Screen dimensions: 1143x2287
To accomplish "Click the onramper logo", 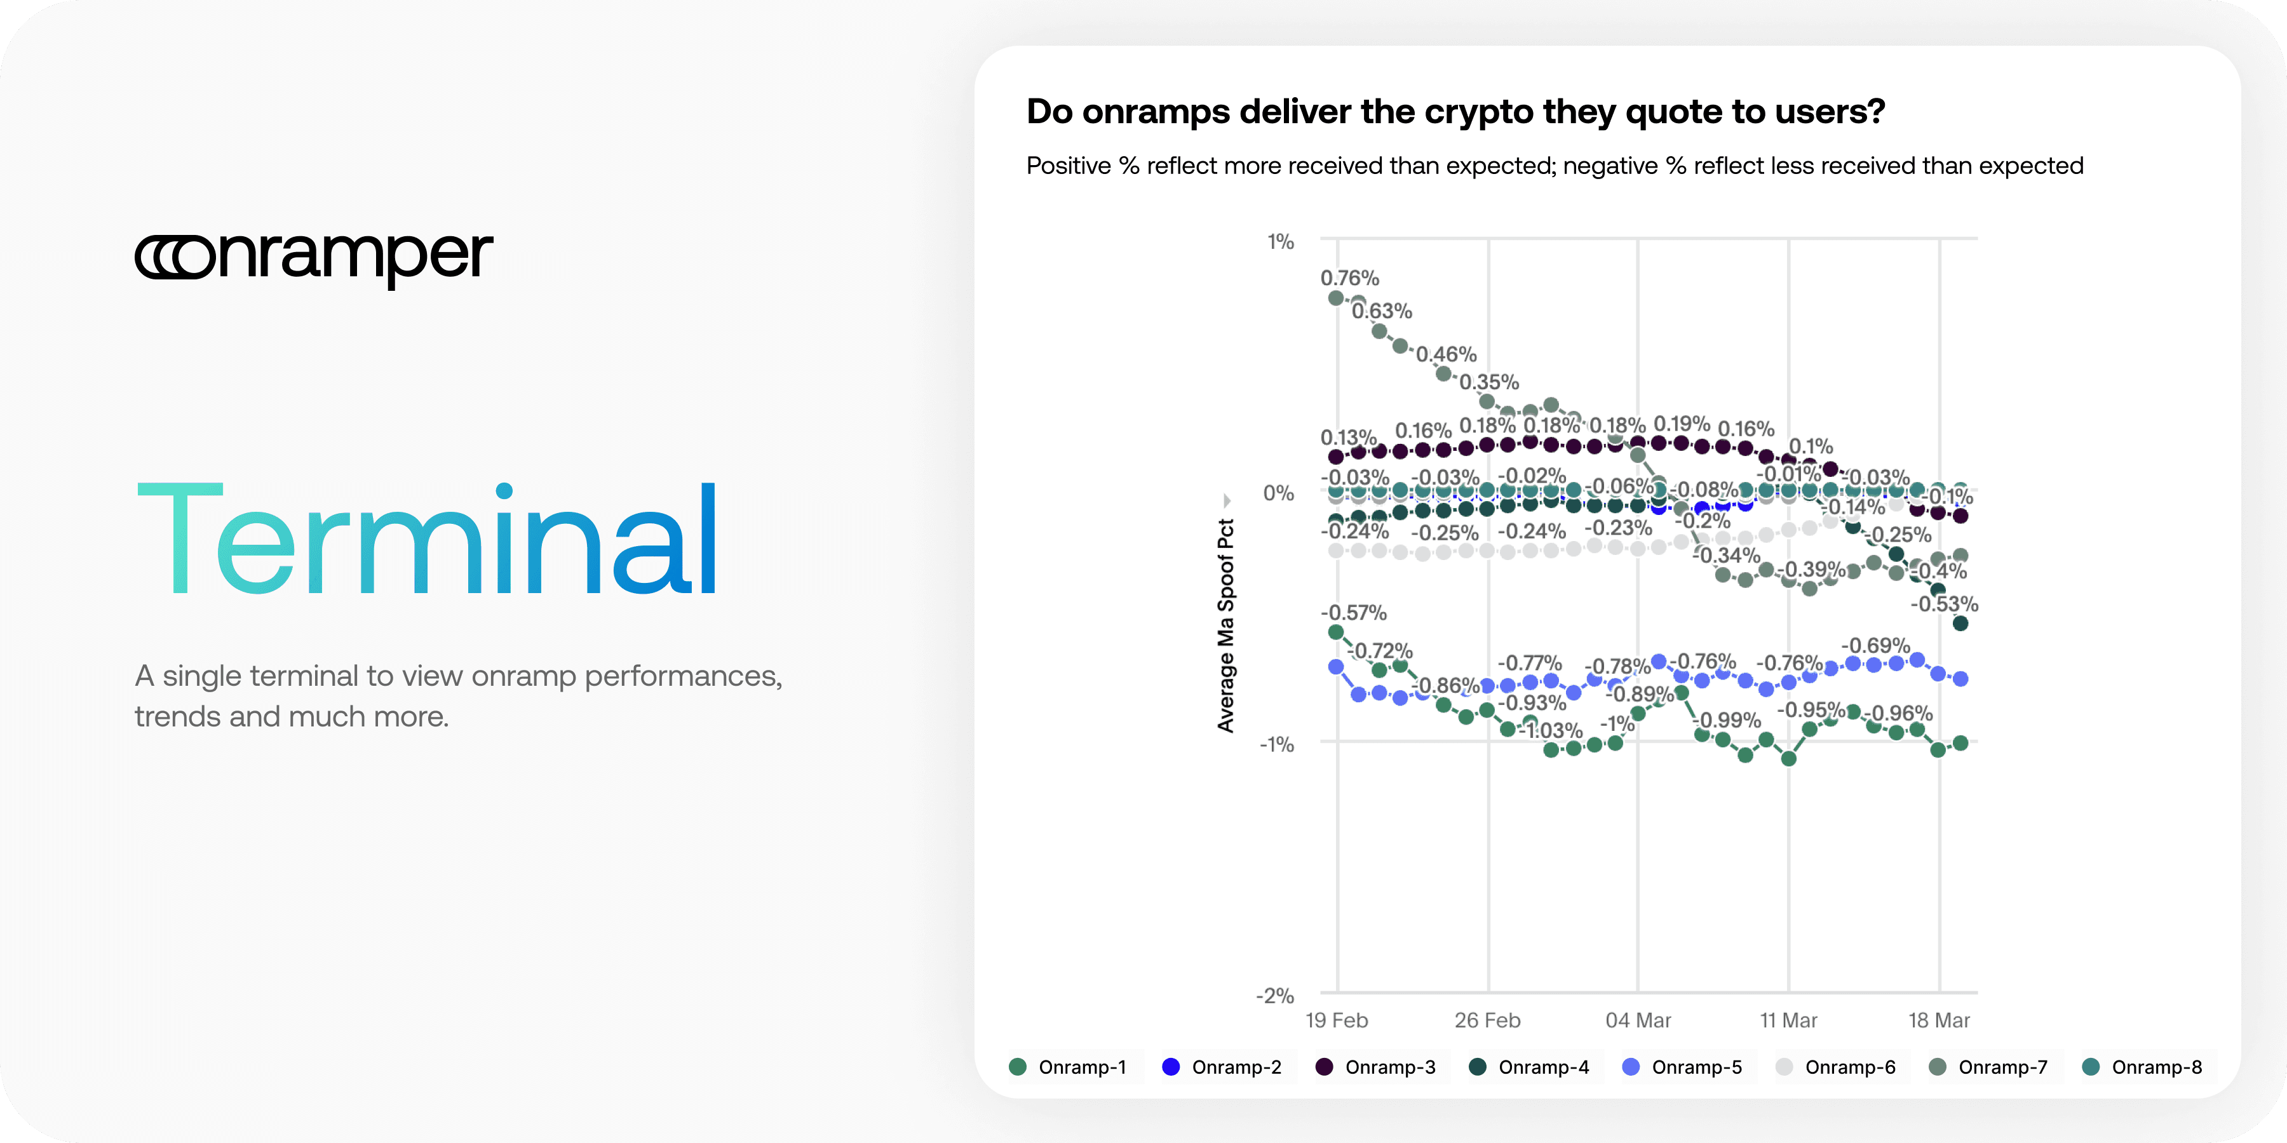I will [x=313, y=257].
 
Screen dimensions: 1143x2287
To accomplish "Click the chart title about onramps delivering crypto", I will [x=1455, y=112].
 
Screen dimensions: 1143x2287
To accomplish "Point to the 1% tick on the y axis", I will [x=1280, y=241].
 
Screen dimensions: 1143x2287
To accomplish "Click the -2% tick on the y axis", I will [x=1275, y=996].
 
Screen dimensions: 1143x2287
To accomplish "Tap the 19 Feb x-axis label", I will [x=1336, y=1020].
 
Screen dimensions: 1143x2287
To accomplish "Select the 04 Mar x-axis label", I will [x=1638, y=1020].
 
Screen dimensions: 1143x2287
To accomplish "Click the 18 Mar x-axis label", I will [x=1939, y=1020].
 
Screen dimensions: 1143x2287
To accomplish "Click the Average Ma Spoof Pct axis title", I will [x=1226, y=625].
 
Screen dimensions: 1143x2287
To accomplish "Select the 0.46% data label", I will [x=1447, y=355].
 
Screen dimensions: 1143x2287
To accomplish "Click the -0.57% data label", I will [x=1353, y=612].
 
